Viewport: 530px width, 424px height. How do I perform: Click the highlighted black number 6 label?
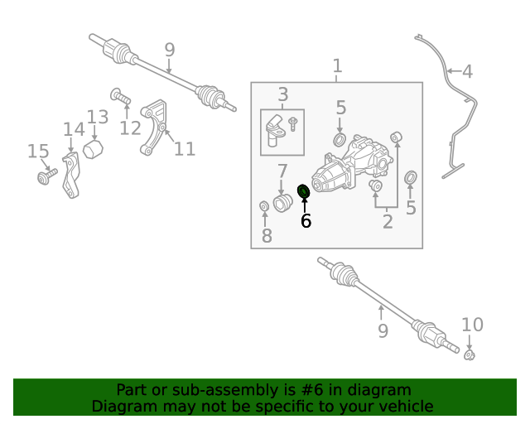coord(306,221)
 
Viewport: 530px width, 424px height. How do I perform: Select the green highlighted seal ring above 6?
coord(304,192)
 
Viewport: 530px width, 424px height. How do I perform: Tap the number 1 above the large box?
coord(337,66)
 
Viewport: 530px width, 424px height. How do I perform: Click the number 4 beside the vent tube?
coord(467,72)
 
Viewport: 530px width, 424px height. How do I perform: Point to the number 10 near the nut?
coord(473,325)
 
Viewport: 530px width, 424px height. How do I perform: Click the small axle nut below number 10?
coord(470,355)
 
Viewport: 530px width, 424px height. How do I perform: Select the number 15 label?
coord(38,152)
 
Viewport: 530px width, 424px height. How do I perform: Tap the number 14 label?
coord(74,129)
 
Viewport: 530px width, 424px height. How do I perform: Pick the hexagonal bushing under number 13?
coord(93,149)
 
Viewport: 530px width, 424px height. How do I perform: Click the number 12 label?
coord(130,128)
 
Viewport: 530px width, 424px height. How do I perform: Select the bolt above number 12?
coord(120,96)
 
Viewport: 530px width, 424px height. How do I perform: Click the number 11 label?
coord(185,149)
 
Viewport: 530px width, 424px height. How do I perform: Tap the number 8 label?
coord(267,236)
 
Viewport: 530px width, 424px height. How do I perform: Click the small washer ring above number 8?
coord(264,206)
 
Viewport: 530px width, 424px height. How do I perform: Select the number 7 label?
coord(282,171)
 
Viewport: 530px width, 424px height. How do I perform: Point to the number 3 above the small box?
coord(283,94)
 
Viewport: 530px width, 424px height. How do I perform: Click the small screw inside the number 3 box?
coord(292,124)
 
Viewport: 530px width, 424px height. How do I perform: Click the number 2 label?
coord(388,222)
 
